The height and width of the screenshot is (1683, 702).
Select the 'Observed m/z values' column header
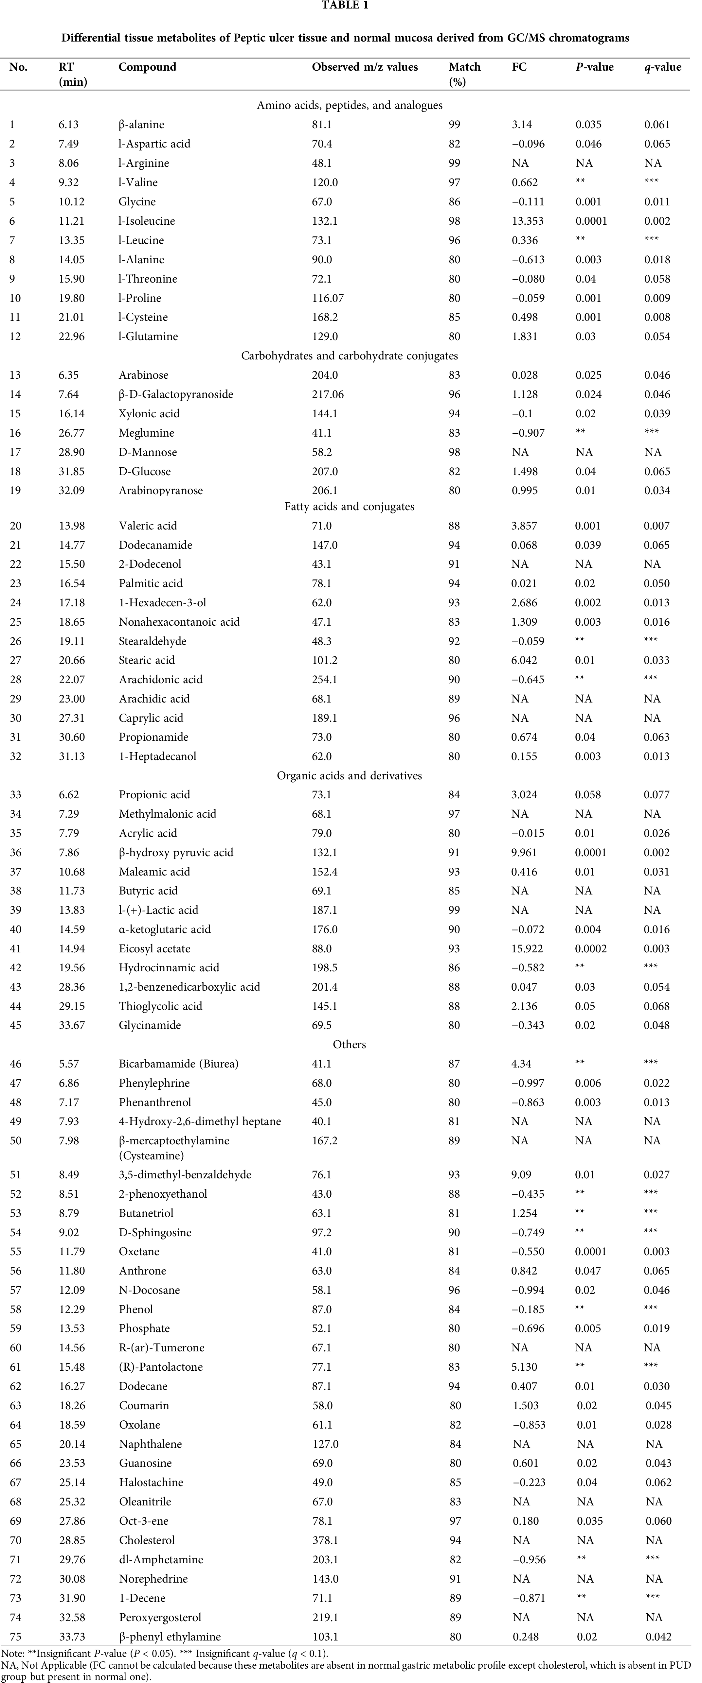pyautogui.click(x=365, y=67)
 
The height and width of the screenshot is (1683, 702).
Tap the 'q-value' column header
pyautogui.click(x=663, y=67)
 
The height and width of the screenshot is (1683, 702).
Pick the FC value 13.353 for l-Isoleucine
pyautogui.click(x=528, y=221)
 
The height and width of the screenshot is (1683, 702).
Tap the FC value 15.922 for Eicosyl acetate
pyautogui.click(x=528, y=949)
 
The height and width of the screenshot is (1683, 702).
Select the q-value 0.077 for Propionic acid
pyautogui.click(x=657, y=794)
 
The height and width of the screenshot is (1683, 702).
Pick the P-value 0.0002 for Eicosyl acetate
pyautogui.click(x=591, y=949)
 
